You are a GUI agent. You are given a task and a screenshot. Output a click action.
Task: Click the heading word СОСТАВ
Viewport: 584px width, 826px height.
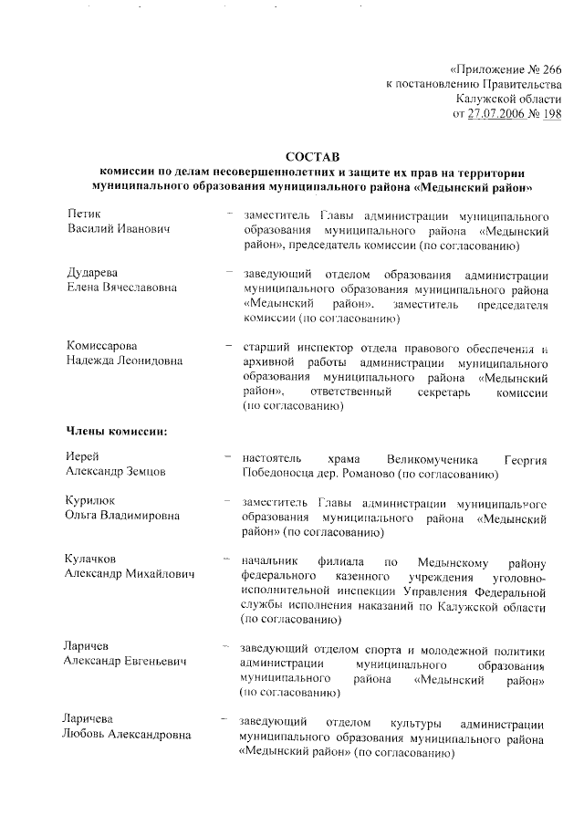pyautogui.click(x=315, y=158)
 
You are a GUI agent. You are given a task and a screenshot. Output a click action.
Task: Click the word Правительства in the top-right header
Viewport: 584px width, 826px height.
pyautogui.click(x=516, y=84)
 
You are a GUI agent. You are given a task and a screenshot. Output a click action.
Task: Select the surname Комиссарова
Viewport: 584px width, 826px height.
pyautogui.click(x=102, y=346)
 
